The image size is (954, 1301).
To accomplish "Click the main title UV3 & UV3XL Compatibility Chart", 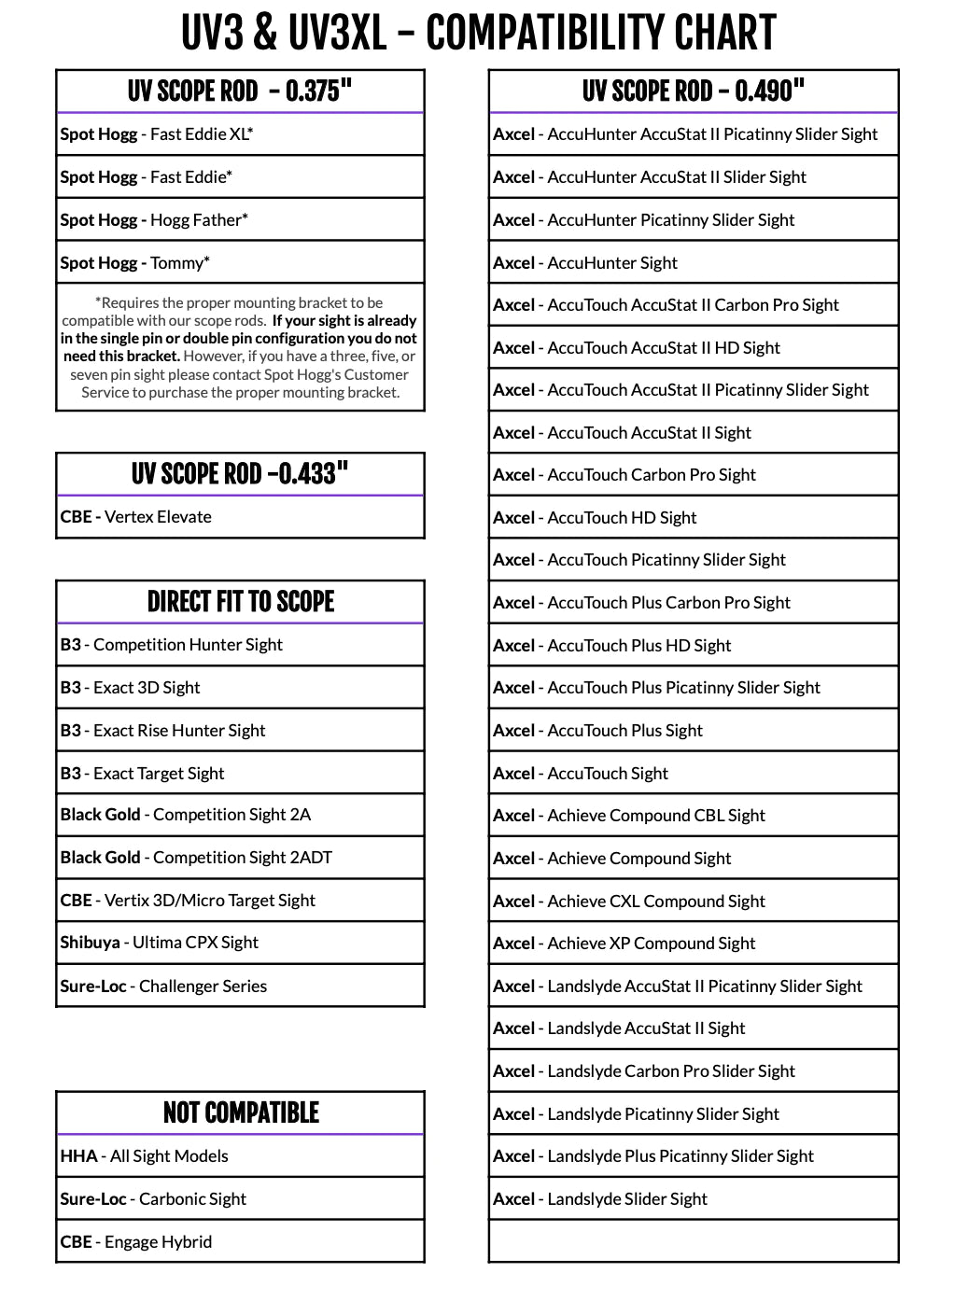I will pos(478,34).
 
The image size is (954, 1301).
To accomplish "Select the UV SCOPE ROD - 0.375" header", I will pos(240,91).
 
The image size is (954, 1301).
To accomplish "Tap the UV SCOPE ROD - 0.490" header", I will pos(693,91).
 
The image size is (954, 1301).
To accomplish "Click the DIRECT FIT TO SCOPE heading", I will pos(240,602).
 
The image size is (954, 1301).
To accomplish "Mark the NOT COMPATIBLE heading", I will pos(240,1112).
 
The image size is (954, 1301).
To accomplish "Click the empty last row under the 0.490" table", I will pos(693,1242).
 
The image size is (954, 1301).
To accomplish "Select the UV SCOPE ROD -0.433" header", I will pos(240,474).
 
